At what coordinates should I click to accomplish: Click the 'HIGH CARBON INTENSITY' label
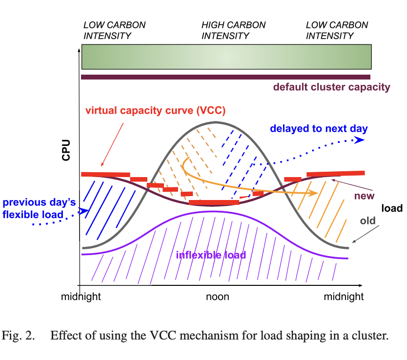(x=233, y=30)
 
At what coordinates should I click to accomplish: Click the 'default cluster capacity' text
(x=331, y=88)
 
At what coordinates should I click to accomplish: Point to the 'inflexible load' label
(x=210, y=255)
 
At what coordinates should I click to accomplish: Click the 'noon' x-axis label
(x=217, y=297)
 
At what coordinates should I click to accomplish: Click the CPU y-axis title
(x=66, y=151)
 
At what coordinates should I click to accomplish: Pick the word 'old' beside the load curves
(x=367, y=221)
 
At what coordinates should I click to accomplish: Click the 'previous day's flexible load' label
(x=33, y=208)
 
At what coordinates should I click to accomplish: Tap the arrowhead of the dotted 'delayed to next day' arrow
(x=360, y=140)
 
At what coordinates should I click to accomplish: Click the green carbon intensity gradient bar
(x=226, y=57)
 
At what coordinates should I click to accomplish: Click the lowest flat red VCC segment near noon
(x=214, y=202)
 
